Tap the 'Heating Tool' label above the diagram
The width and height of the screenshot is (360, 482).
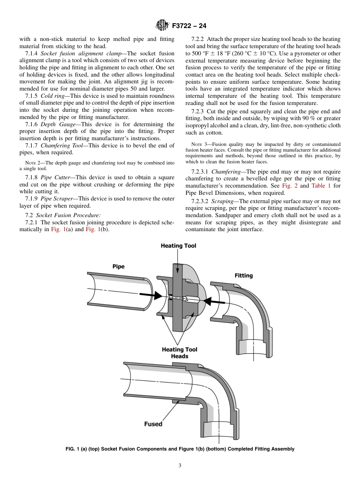(x=178, y=246)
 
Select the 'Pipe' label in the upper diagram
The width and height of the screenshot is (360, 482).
(x=118, y=266)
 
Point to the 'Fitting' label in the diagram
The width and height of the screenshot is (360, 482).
(x=243, y=275)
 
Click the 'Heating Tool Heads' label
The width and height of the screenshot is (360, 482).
(x=179, y=353)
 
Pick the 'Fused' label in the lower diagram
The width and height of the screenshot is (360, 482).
(x=153, y=424)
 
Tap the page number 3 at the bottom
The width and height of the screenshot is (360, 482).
(x=180, y=465)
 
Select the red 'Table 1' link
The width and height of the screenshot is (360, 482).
(x=321, y=186)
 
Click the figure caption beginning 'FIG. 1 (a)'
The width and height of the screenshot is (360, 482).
(x=180, y=449)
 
